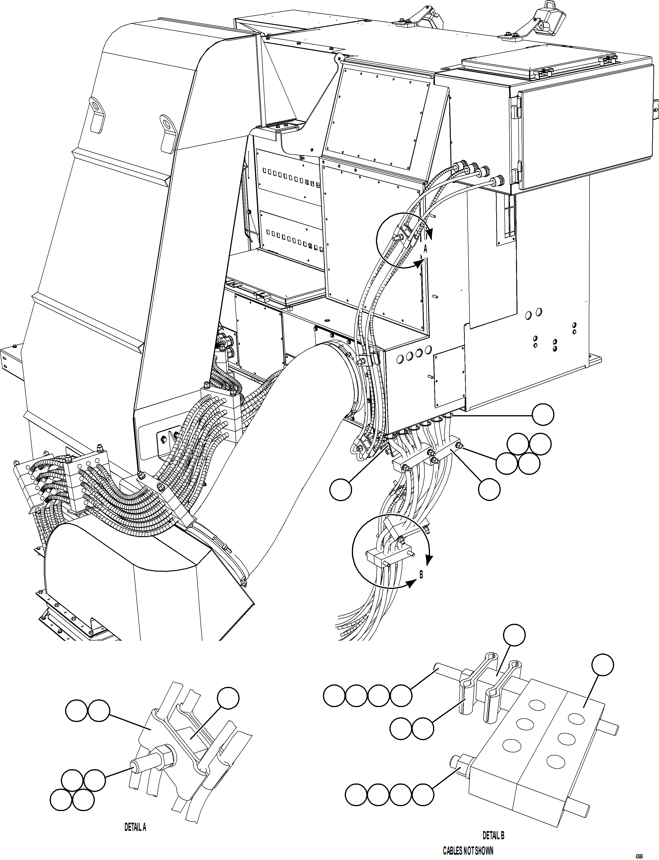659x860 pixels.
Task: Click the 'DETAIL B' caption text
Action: pos(493,835)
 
